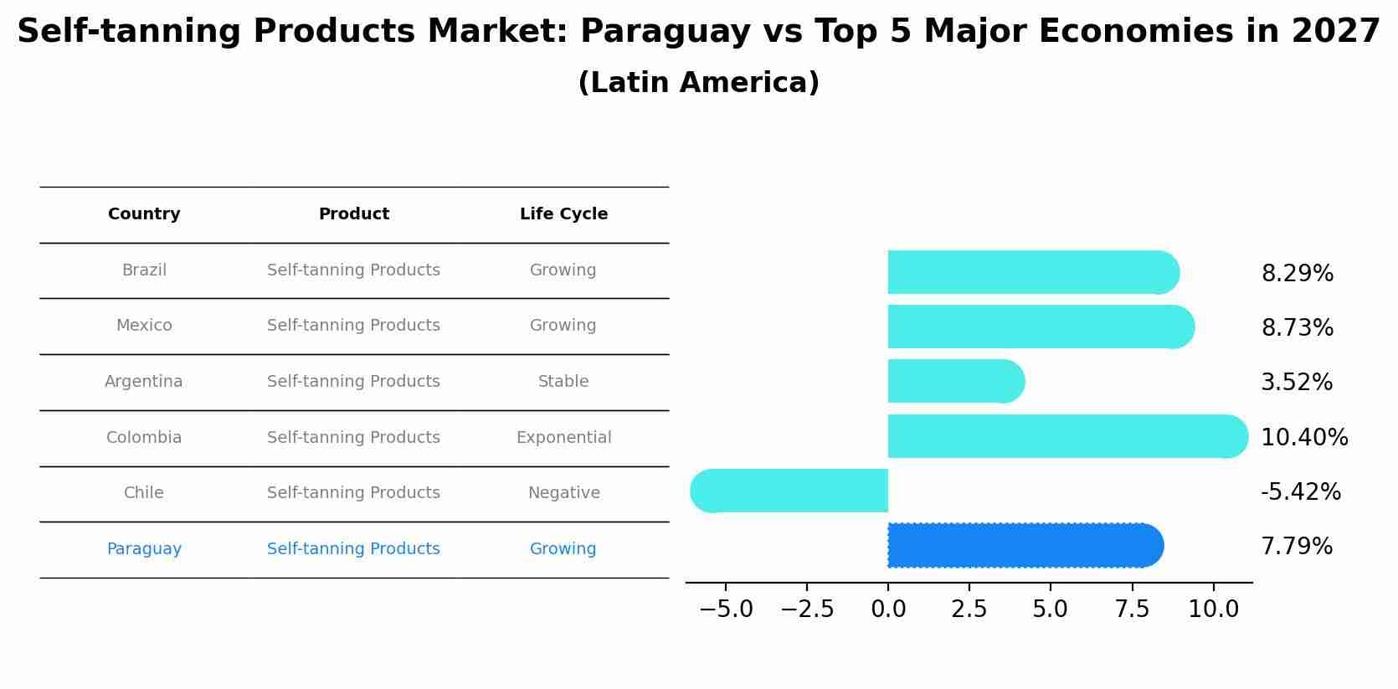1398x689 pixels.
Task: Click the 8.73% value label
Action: click(1297, 328)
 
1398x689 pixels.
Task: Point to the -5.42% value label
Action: click(1300, 492)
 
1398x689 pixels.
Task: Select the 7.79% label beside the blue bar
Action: click(1297, 547)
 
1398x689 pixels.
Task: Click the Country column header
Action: click(144, 214)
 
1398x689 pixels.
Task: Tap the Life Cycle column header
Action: click(563, 214)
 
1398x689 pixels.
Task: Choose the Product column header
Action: click(353, 214)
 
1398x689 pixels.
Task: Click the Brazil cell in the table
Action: click(144, 270)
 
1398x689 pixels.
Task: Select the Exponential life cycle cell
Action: click(563, 438)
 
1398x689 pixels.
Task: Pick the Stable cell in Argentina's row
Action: click(563, 382)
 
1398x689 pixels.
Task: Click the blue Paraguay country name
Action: click(144, 549)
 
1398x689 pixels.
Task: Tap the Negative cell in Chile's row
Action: click(563, 493)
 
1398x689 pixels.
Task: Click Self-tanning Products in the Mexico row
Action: click(353, 326)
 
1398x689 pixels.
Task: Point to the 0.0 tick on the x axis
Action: click(888, 609)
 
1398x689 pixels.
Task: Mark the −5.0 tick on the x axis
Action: click(726, 609)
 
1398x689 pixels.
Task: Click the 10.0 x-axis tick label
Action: click(1213, 609)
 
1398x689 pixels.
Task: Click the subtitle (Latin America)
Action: click(698, 83)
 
